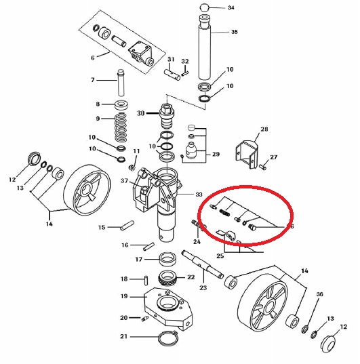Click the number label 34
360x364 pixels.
231,8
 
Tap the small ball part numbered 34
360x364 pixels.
204,8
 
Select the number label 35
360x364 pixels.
234,32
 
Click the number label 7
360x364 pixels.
94,80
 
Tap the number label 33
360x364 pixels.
199,194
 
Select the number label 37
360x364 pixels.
125,181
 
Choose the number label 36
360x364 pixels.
320,294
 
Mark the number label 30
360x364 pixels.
141,113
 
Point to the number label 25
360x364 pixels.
219,256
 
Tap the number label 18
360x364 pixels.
124,279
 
